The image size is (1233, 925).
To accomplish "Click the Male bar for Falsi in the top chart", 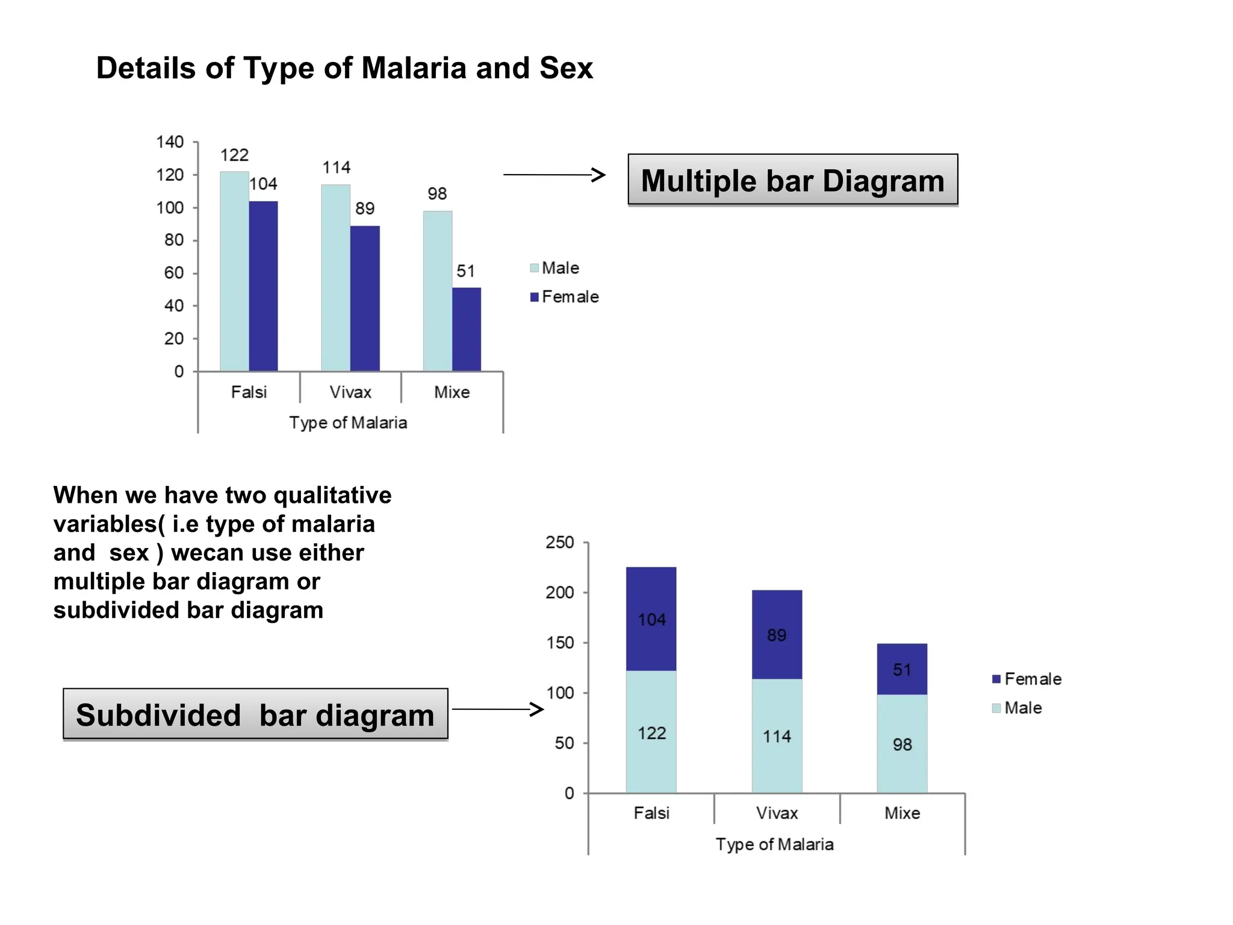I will pos(234,271).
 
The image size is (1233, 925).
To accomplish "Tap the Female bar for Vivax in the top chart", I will pos(365,298).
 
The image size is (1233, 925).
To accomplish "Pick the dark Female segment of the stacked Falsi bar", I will pos(651,618).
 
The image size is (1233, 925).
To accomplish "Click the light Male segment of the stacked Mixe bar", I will pos(902,744).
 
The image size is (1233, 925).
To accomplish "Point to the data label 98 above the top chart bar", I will pos(437,194).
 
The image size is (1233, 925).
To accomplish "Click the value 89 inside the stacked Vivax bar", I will pos(777,635).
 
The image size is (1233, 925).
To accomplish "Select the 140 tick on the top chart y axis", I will pos(170,142).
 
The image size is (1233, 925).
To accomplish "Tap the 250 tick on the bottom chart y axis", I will pos(560,543).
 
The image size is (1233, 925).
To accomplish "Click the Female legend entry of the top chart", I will pos(565,297).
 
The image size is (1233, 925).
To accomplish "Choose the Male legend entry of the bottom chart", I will pos(1017,708).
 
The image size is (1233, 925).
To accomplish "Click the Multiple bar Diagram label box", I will pos(792,181).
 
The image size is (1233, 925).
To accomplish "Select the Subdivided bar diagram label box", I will pos(255,715).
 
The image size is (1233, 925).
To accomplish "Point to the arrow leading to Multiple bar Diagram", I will pos(554,175).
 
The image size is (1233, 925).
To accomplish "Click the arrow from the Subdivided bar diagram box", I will pos(497,709).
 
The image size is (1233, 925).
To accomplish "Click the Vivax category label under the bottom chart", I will pos(777,813).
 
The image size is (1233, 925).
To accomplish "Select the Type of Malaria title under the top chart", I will pos(348,423).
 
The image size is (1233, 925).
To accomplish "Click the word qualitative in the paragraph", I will pos(332,495).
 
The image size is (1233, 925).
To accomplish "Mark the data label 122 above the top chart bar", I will pos(234,155).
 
